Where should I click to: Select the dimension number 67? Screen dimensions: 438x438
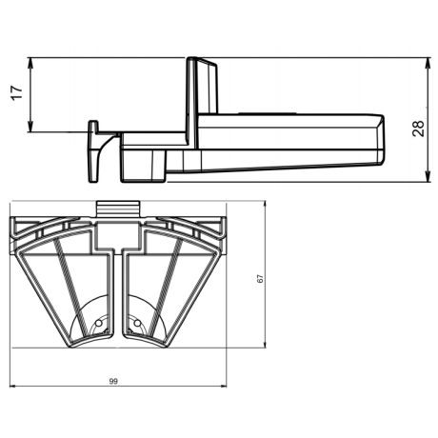tap(259, 278)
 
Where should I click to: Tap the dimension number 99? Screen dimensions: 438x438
tap(113, 381)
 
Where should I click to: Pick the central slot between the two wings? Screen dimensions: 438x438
tap(118, 295)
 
